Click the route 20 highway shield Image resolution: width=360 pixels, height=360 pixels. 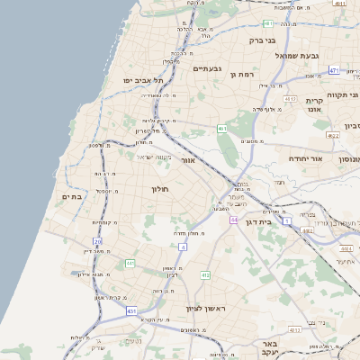tap(97, 241)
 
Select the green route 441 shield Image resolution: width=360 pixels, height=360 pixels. tap(130, 263)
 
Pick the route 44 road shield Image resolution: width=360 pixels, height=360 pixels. tap(234, 220)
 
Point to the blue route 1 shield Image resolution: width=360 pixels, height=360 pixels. tap(286, 220)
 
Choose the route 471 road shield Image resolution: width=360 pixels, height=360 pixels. tap(333, 70)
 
